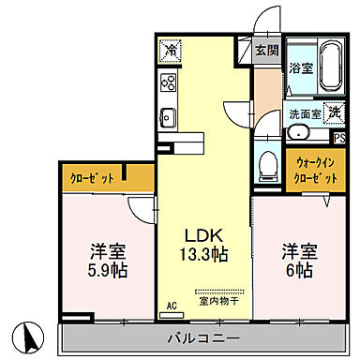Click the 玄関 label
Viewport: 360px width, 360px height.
coord(266,51)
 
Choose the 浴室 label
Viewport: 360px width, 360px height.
coord(300,68)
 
